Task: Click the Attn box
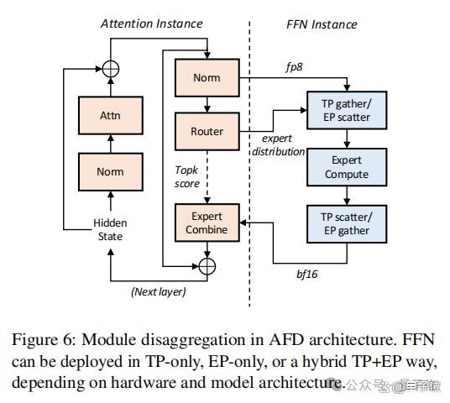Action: (111, 115)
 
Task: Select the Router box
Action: (207, 132)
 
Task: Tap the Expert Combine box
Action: (207, 222)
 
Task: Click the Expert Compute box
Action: (347, 167)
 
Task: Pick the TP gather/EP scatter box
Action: (347, 110)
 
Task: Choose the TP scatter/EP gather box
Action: (347, 224)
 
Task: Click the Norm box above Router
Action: (207, 77)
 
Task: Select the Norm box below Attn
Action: (111, 171)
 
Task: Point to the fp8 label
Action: (294, 67)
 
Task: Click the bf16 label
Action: (307, 274)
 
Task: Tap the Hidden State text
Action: (110, 230)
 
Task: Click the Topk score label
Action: (187, 177)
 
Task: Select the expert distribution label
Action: (278, 145)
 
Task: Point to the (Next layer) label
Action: (159, 292)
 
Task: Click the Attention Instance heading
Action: (152, 24)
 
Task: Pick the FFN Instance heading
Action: (322, 24)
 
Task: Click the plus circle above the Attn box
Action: (111, 69)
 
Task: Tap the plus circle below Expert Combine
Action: (207, 266)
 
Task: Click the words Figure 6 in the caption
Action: (44, 340)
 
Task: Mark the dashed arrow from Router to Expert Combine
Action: (207, 177)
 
